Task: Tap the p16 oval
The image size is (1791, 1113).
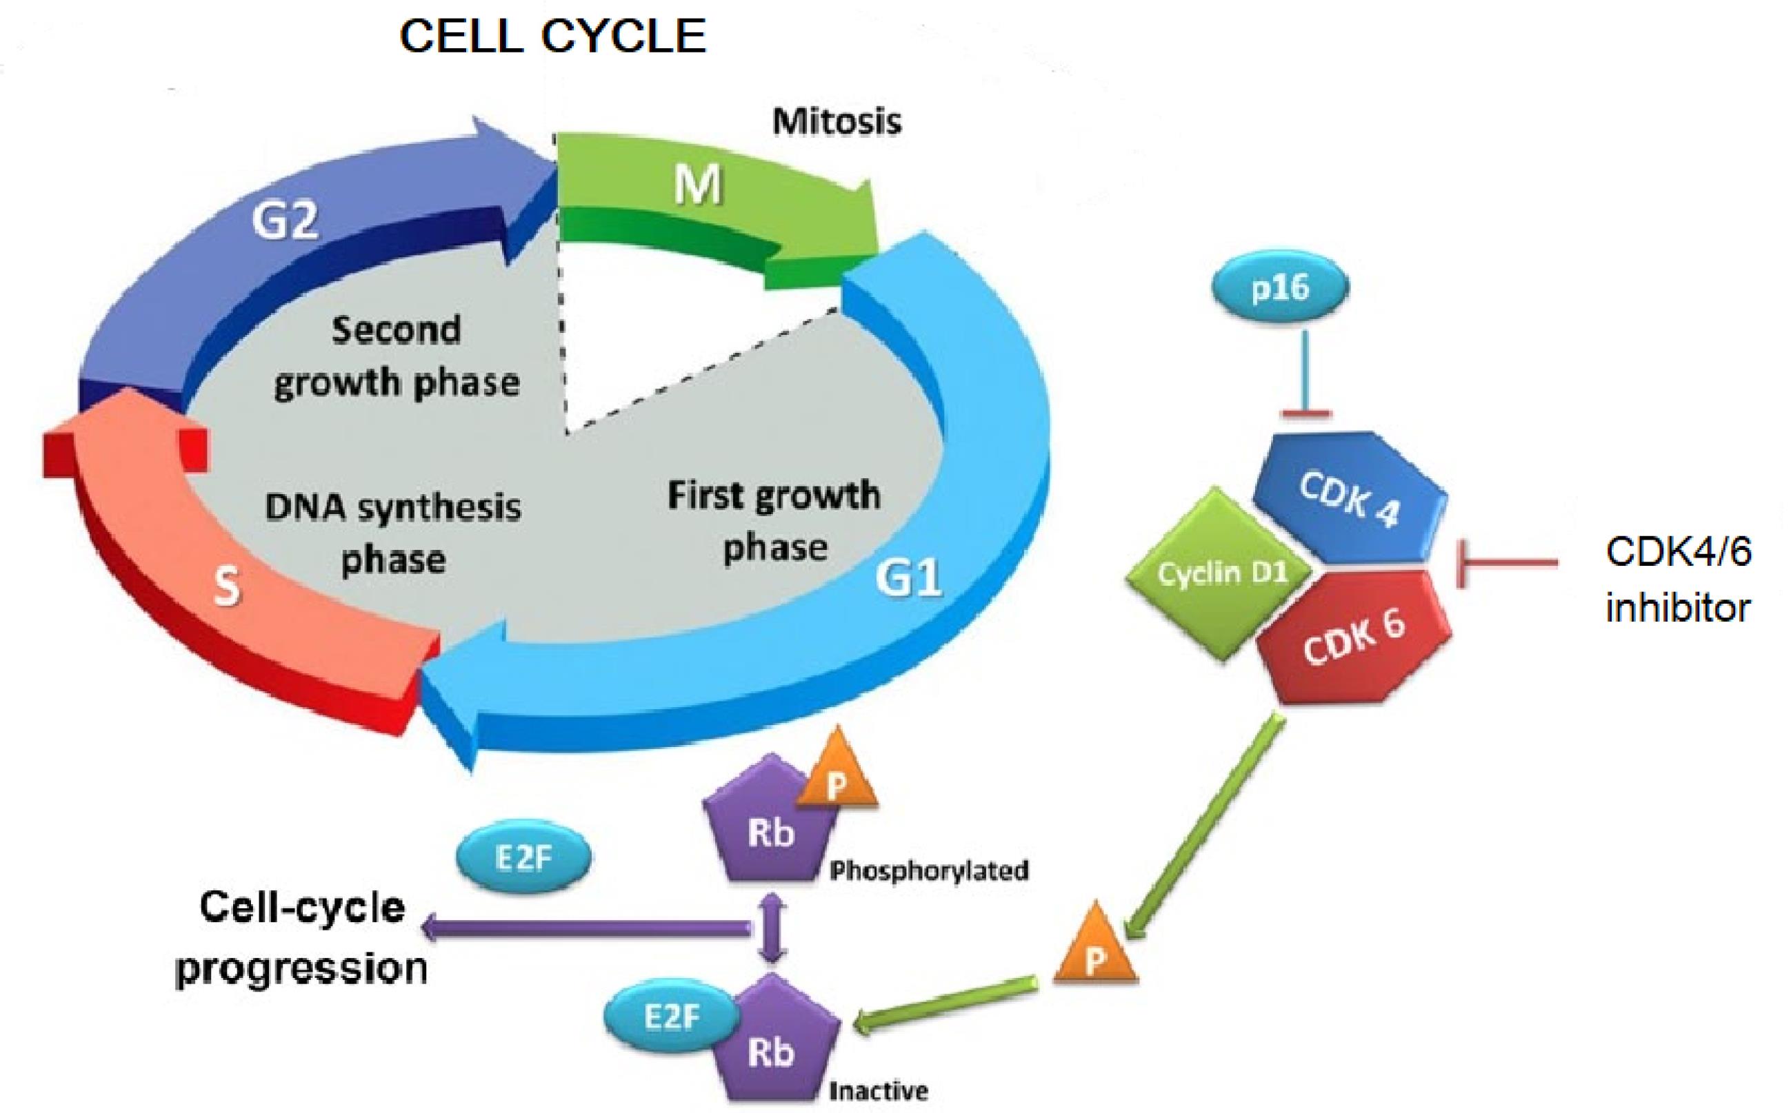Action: click(x=1280, y=288)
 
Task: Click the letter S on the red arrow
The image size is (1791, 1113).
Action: click(x=226, y=589)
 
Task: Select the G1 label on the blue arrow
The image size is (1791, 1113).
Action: click(x=908, y=580)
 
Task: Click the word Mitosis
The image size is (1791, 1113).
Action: click(x=837, y=121)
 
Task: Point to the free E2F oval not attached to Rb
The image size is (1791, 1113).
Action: click(x=523, y=858)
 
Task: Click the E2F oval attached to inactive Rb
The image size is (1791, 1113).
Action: click(x=671, y=1017)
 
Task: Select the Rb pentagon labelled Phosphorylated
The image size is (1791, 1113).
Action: click(x=770, y=835)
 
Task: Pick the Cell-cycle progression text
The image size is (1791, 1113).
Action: click(x=302, y=939)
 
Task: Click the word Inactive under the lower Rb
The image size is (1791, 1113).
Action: click(x=878, y=1090)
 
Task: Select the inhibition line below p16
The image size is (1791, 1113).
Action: click(x=1306, y=376)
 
